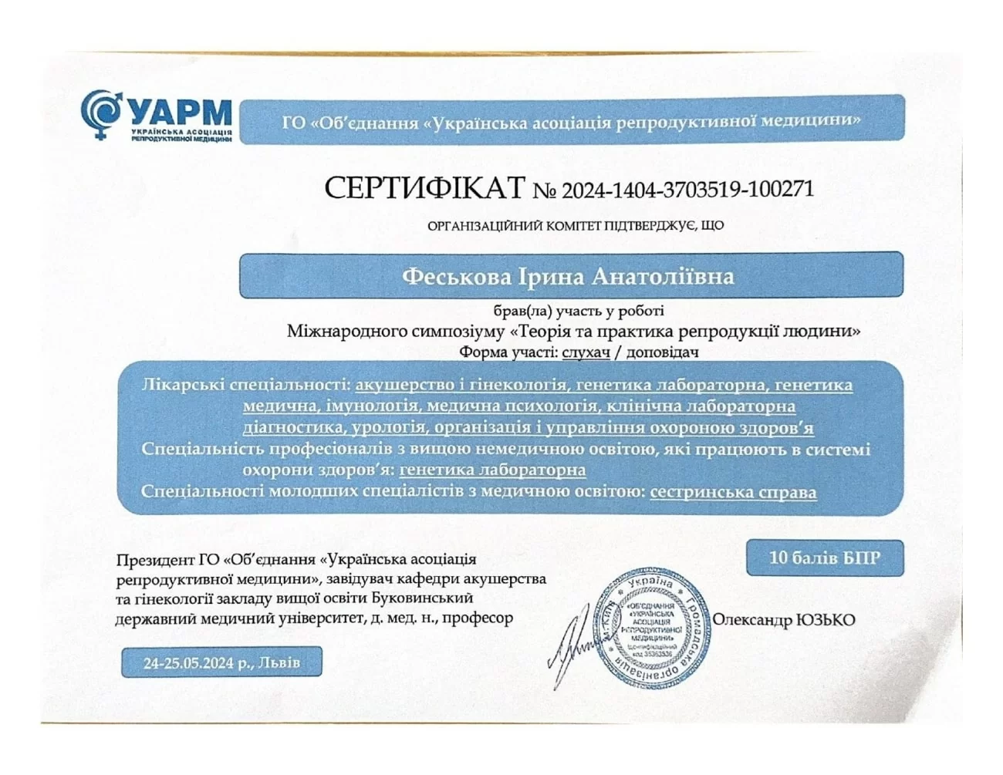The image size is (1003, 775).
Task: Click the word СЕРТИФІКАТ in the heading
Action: coord(424,188)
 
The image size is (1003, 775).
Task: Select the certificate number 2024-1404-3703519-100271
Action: coord(687,189)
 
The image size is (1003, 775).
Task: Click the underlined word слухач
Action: coord(586,352)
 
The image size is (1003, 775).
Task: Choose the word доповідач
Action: coord(662,352)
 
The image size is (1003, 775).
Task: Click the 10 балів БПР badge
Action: coord(824,558)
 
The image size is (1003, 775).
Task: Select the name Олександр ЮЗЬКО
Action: coord(783,620)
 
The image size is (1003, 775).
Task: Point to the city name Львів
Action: coord(280,662)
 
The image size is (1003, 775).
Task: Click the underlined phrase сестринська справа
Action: coord(733,491)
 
